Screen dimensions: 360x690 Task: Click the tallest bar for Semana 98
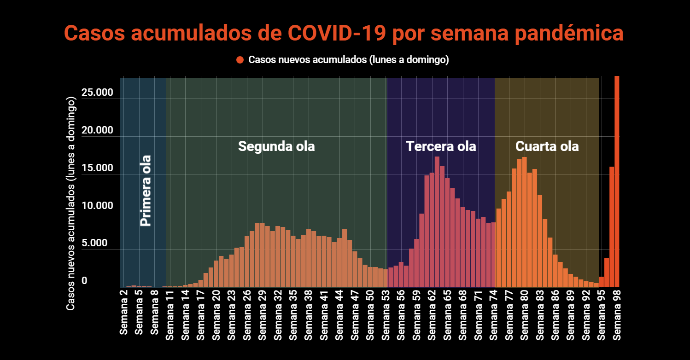617,184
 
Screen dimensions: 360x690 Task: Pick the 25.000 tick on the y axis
97,93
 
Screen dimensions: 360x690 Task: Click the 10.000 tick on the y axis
97,206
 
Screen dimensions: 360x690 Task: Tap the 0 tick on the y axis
84,281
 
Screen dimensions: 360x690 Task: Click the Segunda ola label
276,146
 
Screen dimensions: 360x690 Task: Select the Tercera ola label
441,146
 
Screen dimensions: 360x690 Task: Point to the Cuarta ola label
547,146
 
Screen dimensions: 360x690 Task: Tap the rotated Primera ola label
146,191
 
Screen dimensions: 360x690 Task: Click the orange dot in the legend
240,60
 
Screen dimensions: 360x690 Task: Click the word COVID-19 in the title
338,33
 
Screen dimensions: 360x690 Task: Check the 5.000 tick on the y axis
97,244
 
